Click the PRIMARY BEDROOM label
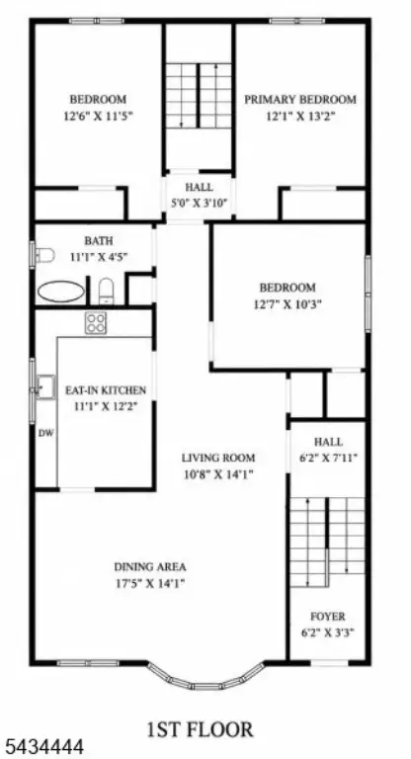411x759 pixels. coord(299,100)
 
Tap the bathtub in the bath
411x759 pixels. coord(61,292)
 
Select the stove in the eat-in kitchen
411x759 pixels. coord(96,323)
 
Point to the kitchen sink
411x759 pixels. coord(46,386)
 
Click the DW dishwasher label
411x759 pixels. coord(45,433)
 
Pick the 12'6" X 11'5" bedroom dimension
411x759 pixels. coord(98,117)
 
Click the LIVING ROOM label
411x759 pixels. coord(218,458)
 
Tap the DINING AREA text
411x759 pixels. coord(150,567)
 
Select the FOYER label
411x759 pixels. coord(328,617)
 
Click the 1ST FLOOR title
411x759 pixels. coord(200,728)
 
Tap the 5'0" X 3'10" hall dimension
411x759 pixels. coord(199,204)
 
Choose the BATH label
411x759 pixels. coord(99,240)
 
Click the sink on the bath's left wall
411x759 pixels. coord(43,255)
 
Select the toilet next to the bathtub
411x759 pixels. coord(106,291)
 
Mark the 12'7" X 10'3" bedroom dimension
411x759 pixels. coord(288,304)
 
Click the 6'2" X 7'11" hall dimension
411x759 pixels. coord(328,458)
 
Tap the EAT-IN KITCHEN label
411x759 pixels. coord(106,390)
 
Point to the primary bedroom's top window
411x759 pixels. coord(297,21)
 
